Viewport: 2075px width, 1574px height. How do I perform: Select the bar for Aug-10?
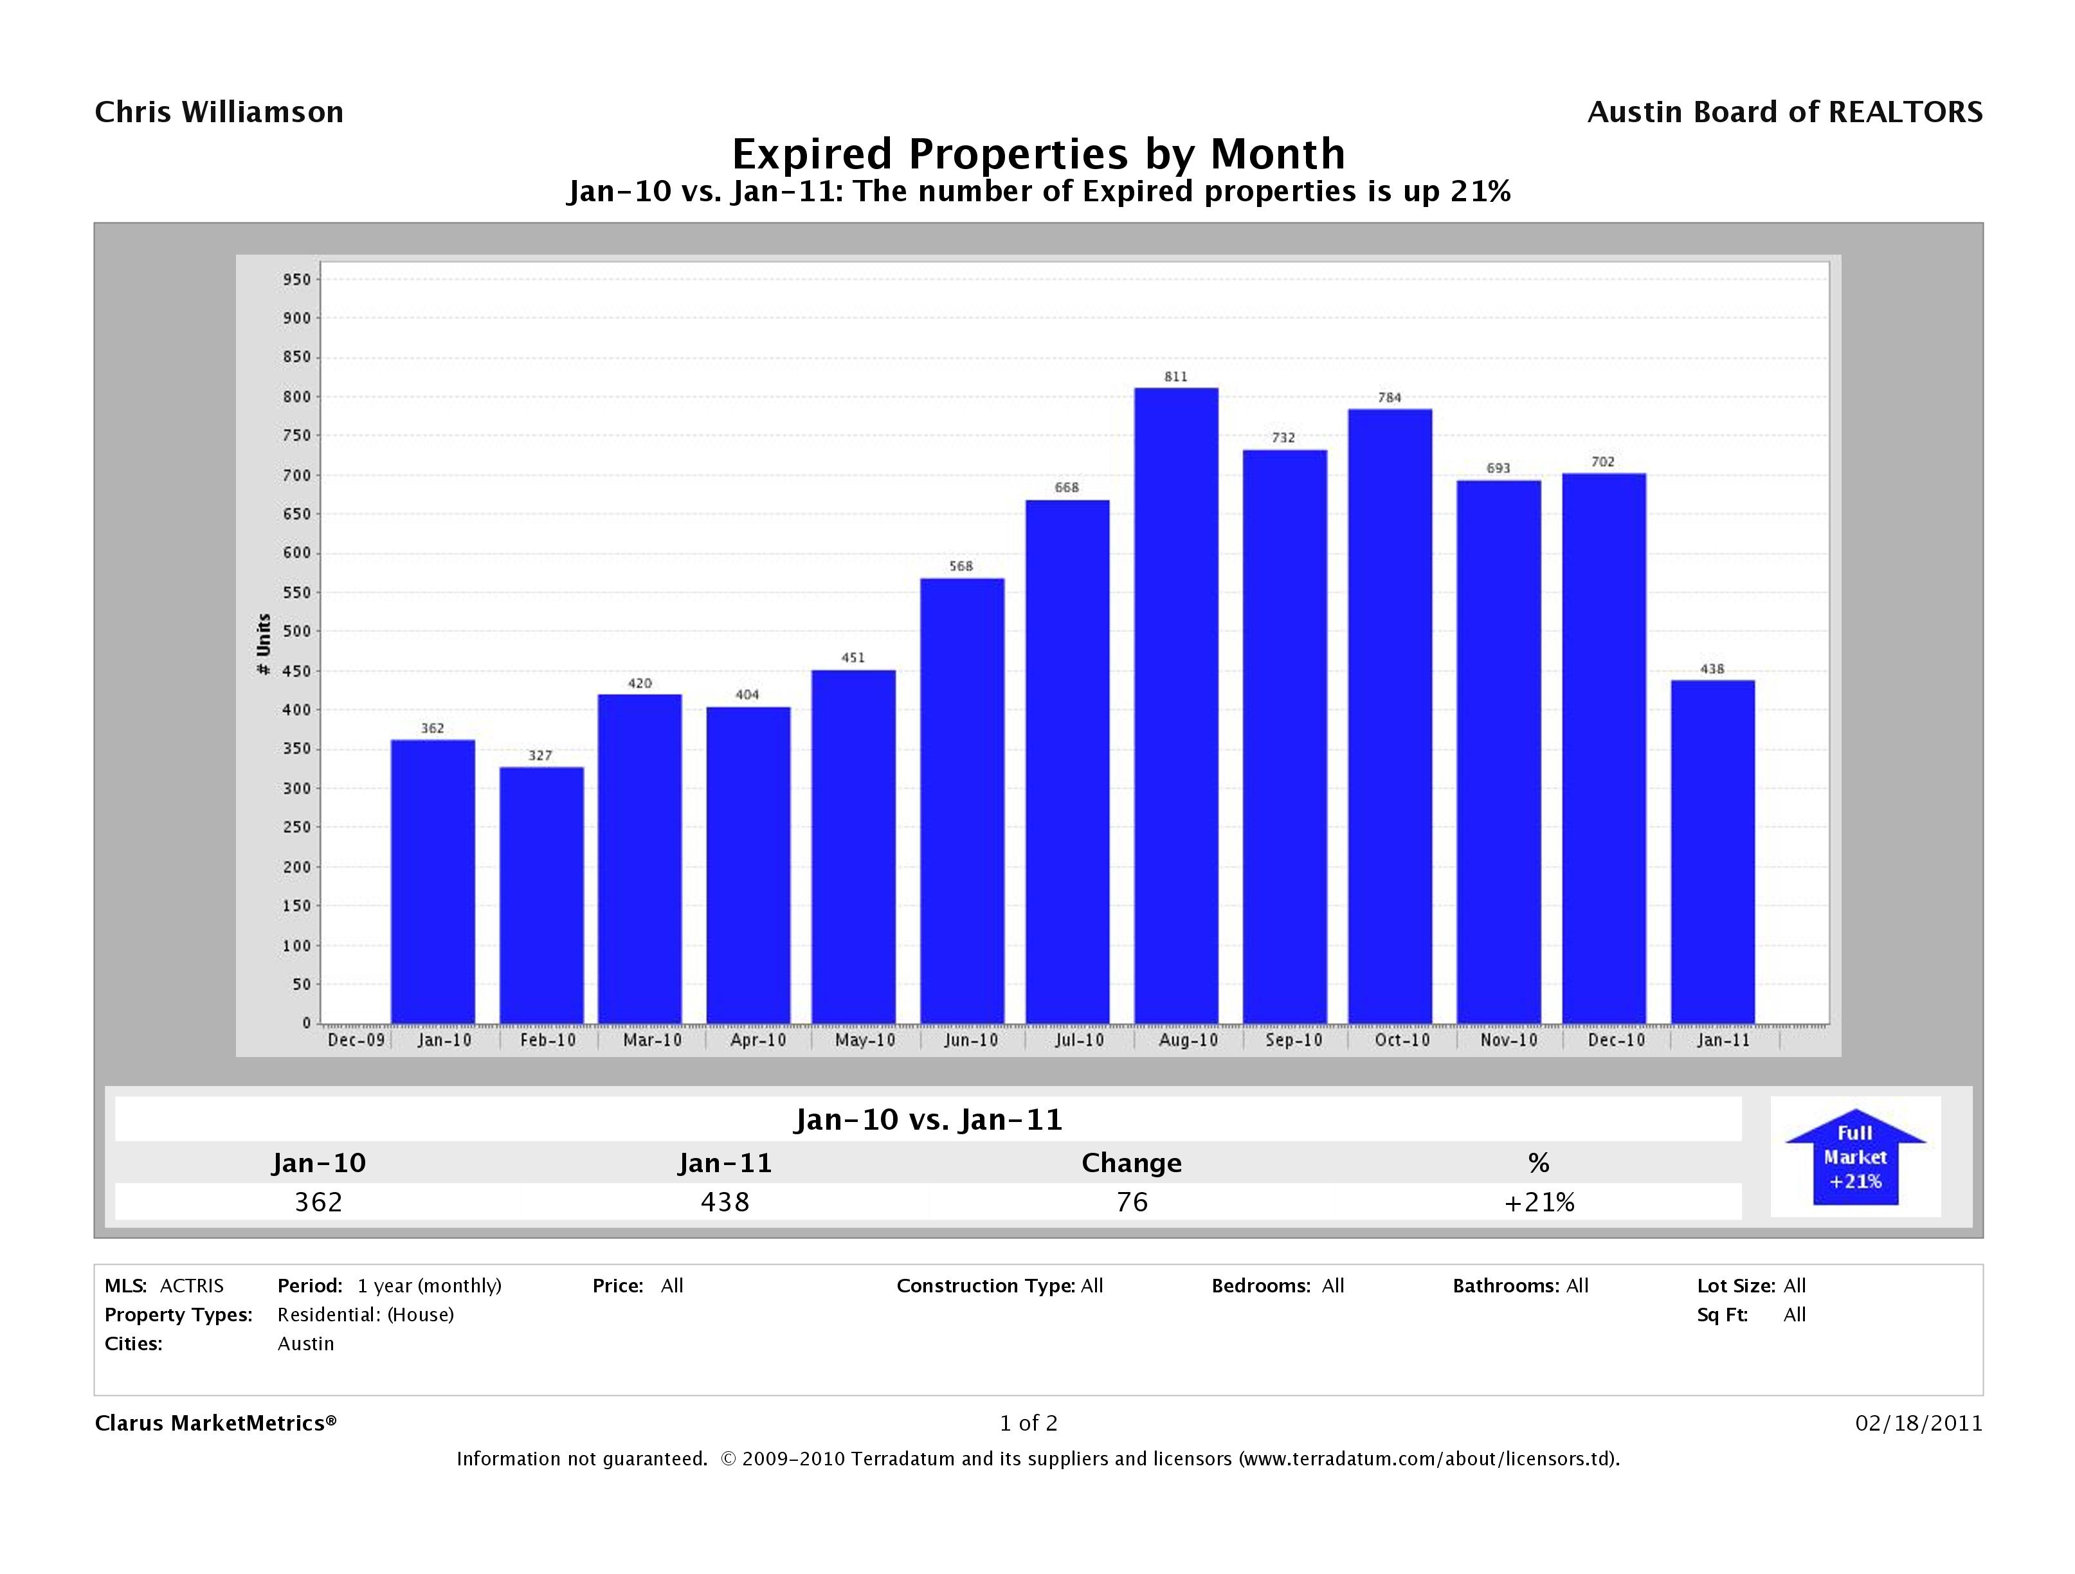click(x=1175, y=705)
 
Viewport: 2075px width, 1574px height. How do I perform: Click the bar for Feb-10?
click(x=541, y=895)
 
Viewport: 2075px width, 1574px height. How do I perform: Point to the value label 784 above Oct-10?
click(x=1390, y=398)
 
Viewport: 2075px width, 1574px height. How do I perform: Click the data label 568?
click(x=961, y=566)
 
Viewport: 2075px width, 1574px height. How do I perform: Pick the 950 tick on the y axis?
click(x=296, y=280)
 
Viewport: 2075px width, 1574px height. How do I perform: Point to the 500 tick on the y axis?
click(x=296, y=631)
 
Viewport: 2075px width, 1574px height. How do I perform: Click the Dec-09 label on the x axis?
click(x=356, y=1040)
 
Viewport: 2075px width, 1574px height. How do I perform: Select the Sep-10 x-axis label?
click(x=1294, y=1040)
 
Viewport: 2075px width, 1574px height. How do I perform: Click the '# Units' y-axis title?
click(x=264, y=644)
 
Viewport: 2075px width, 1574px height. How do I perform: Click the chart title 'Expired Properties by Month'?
click(x=1038, y=153)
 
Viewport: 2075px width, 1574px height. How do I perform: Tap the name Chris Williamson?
click(x=219, y=113)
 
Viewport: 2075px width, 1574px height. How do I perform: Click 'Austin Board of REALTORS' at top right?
click(x=1784, y=113)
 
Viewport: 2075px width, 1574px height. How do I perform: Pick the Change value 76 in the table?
click(x=1131, y=1202)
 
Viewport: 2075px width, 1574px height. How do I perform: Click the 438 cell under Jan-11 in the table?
click(x=725, y=1202)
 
